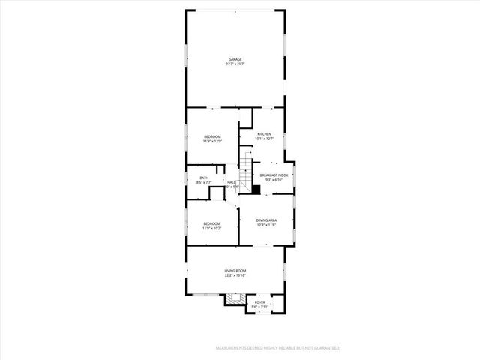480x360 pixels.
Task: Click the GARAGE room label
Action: [235, 59]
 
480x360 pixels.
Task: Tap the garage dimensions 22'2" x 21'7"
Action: [235, 64]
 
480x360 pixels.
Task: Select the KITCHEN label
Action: [265, 134]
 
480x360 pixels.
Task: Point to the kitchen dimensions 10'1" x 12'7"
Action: [265, 139]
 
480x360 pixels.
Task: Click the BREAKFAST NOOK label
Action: [274, 175]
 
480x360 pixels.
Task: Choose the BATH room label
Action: [203, 178]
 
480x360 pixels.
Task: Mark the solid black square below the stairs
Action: [256, 190]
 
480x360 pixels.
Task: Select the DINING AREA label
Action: [267, 220]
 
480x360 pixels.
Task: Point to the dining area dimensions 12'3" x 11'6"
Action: [267, 225]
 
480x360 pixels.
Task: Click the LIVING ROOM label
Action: [235, 271]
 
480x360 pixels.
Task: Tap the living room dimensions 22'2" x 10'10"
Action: [235, 275]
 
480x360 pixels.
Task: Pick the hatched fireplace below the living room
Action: [238, 298]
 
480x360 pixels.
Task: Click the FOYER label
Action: [259, 301]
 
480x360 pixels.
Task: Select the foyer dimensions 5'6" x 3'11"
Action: [259, 306]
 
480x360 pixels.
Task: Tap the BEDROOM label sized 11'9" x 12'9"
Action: [212, 136]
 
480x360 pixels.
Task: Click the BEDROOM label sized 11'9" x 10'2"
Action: [211, 223]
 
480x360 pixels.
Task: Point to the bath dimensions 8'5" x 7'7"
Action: [203, 182]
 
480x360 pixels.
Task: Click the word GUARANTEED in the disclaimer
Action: [326, 348]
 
